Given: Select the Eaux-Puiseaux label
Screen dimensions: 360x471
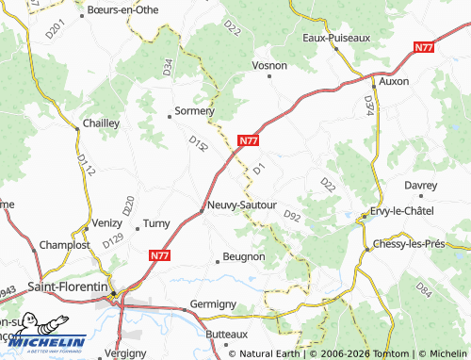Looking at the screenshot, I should click(336, 38).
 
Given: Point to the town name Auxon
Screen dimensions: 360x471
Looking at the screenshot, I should click(394, 81).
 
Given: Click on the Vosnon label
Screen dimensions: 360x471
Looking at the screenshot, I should click(269, 65).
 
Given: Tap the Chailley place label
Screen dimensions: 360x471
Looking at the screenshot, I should click(101, 123).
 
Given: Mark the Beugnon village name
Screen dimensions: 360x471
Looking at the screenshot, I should click(243, 256).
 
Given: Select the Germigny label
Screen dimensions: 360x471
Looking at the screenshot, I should click(213, 303).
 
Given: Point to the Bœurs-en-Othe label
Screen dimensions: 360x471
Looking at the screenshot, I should click(122, 9).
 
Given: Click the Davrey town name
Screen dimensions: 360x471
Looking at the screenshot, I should click(421, 185).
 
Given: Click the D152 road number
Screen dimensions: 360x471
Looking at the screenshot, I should click(198, 143).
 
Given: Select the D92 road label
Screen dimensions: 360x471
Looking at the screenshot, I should click(292, 217).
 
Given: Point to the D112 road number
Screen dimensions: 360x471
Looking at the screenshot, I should click(87, 166).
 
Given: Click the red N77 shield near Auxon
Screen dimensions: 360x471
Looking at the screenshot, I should click(424, 46).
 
